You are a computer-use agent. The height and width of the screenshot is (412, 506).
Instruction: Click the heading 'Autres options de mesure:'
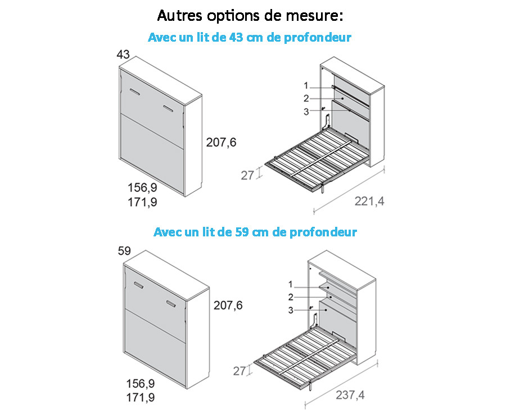pyautogui.click(x=250, y=16)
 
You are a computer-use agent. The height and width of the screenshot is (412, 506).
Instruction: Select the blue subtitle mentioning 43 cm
pyautogui.click(x=250, y=38)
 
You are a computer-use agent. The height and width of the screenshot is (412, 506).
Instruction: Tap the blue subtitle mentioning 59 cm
pyautogui.click(x=255, y=232)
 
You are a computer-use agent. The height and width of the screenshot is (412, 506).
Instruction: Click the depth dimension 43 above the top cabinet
pyautogui.click(x=123, y=54)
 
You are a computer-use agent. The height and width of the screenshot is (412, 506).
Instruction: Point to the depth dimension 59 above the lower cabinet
pyautogui.click(x=124, y=251)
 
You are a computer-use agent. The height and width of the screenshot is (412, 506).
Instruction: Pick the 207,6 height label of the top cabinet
pyautogui.click(x=221, y=142)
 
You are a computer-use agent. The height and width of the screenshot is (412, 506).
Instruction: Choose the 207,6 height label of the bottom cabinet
pyautogui.click(x=228, y=306)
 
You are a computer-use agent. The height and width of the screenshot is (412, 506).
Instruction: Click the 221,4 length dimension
pyautogui.click(x=369, y=201)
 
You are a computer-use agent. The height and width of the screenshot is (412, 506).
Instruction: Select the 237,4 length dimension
pyautogui.click(x=350, y=395)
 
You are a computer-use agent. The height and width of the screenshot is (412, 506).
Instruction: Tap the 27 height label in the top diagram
pyautogui.click(x=247, y=176)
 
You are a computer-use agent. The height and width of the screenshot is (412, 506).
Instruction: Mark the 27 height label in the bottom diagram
pyautogui.click(x=240, y=371)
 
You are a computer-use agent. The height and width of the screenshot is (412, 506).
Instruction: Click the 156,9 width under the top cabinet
pyautogui.click(x=142, y=187)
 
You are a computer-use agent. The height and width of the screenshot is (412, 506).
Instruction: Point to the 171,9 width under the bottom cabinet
pyautogui.click(x=141, y=397)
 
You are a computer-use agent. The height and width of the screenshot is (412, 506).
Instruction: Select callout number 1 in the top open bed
pyautogui.click(x=306, y=86)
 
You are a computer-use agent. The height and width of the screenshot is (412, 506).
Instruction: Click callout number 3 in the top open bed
pyautogui.click(x=306, y=112)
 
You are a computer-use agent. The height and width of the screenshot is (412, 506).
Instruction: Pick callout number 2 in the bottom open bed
pyautogui.click(x=291, y=297)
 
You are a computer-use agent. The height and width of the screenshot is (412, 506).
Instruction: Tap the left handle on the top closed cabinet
pyautogui.click(x=135, y=92)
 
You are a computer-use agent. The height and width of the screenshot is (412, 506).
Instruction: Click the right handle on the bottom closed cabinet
pyautogui.click(x=171, y=303)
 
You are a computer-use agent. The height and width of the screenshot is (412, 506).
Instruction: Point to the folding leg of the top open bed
pyautogui.click(x=322, y=188)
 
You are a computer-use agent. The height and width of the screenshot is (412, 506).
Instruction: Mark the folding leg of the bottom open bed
pyautogui.click(x=310, y=385)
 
